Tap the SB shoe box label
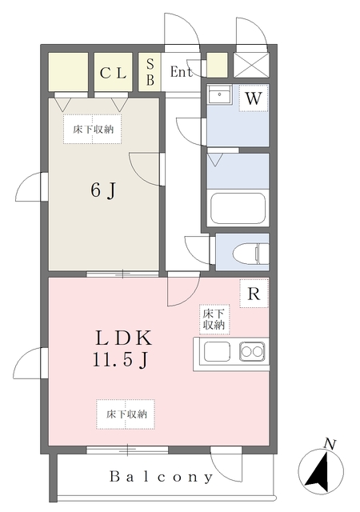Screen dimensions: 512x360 pos(150,72)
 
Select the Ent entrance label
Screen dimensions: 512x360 pos(182,72)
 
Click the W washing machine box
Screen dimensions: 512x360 pos(253,99)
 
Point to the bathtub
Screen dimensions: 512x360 pos(237,208)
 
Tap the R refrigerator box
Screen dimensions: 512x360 pos(253,294)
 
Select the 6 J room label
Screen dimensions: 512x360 pos(103,190)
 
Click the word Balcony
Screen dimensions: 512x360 pos(163,478)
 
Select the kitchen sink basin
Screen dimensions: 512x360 pos(217,352)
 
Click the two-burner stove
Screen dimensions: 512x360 pos(252,352)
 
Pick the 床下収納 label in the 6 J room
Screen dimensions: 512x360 pos(93,129)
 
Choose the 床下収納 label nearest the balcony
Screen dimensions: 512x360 pos(126,414)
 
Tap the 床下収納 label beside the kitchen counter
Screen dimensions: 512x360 pos(214,319)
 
